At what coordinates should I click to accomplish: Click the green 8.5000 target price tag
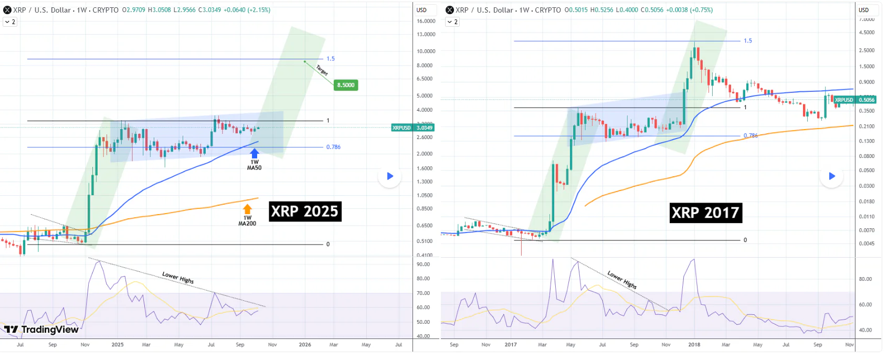tap(346, 85)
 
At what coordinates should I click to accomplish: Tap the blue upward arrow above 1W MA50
tap(255, 153)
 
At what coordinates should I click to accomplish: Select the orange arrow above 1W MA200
tap(248, 209)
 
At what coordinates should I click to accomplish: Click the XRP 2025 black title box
tap(305, 211)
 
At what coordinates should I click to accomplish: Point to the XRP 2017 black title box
tap(706, 213)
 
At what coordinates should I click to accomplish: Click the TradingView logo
tap(41, 330)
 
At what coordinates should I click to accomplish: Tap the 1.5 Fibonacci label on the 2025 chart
tap(331, 59)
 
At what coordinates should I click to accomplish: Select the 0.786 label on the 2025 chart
tap(333, 147)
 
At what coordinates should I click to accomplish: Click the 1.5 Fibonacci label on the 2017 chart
tap(748, 41)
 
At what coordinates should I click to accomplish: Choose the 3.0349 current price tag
tap(424, 128)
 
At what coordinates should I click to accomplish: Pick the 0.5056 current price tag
tap(866, 100)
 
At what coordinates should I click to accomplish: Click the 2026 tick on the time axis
tap(305, 345)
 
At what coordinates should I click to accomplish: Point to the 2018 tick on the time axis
tap(694, 345)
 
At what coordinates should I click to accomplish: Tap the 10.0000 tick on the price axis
tap(426, 51)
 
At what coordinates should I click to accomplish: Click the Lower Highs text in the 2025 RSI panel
tap(178, 278)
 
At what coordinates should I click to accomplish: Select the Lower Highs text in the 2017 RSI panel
tap(622, 280)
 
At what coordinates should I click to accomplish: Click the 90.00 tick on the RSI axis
tap(423, 264)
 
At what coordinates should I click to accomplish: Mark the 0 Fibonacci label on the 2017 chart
tap(745, 240)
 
